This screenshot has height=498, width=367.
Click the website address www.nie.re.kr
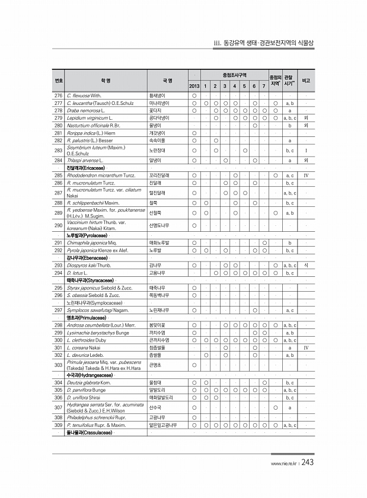pyautogui.click(x=284, y=464)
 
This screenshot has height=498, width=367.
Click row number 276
pyautogui.click(x=58, y=95)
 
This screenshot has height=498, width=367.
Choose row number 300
pyautogui.click(x=58, y=340)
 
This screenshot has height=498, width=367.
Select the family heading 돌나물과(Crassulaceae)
pyautogui.click(x=91, y=432)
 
